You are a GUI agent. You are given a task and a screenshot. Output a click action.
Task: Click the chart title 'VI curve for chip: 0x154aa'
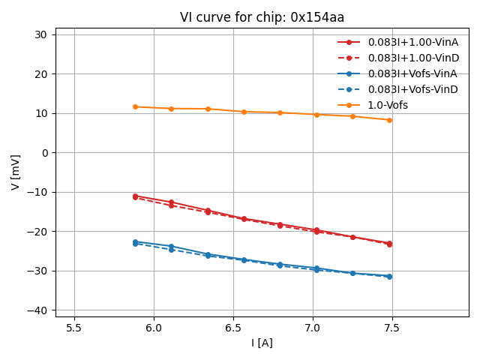point(262,17)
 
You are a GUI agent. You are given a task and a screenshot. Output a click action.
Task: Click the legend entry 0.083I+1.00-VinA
point(412,42)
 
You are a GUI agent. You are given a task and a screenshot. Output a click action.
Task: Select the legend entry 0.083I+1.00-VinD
point(412,58)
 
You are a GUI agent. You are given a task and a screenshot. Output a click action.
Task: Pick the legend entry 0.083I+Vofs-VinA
point(412,73)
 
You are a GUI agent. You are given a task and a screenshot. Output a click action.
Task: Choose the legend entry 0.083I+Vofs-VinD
point(412,89)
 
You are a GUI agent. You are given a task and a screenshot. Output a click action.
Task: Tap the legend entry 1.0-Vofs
point(388,105)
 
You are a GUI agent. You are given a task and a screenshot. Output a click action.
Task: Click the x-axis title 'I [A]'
point(262,343)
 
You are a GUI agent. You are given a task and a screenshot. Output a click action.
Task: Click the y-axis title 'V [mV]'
point(16,172)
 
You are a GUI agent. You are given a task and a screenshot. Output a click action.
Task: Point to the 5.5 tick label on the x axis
point(74,328)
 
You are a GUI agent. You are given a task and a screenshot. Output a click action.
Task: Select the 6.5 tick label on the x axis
point(233,328)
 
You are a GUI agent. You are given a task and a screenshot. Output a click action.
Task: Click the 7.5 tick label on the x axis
point(392,328)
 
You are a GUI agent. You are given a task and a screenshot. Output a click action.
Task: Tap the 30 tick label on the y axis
point(40,34)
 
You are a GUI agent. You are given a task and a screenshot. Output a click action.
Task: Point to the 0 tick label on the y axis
point(44,153)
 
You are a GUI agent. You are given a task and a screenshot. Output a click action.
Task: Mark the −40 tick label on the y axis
point(37,310)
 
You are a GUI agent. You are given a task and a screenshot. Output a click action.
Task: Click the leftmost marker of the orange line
point(135,106)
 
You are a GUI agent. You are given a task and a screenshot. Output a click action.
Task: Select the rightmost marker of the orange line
point(389,120)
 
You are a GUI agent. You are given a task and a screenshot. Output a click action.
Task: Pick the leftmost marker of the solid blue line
point(135,241)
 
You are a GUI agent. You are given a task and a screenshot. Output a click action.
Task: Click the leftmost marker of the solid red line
point(135,196)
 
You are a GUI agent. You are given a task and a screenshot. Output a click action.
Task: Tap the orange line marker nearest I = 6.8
point(280,112)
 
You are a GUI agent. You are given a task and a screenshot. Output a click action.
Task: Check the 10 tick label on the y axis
point(40,113)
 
